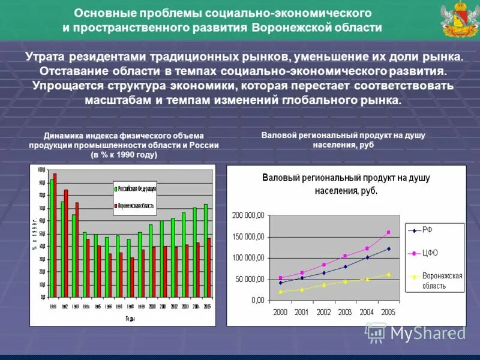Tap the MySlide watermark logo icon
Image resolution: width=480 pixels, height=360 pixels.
pos(376,332)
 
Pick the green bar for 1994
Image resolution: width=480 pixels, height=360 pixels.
pos(85,265)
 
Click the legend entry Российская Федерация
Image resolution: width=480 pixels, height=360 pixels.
pos(137,188)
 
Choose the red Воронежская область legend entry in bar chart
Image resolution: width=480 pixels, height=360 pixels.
pos(137,205)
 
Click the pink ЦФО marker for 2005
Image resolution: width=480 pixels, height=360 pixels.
pos(388,232)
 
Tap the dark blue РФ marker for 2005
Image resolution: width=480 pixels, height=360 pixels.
pos(388,248)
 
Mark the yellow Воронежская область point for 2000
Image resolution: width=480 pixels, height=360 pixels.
pos(280,292)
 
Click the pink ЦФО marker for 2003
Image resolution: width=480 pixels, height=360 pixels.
pos(345,256)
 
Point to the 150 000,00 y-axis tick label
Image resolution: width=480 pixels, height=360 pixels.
pos(248,236)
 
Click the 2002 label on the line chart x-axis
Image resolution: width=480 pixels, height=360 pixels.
pos(323,312)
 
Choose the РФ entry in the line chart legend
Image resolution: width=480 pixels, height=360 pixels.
pos(427,230)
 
